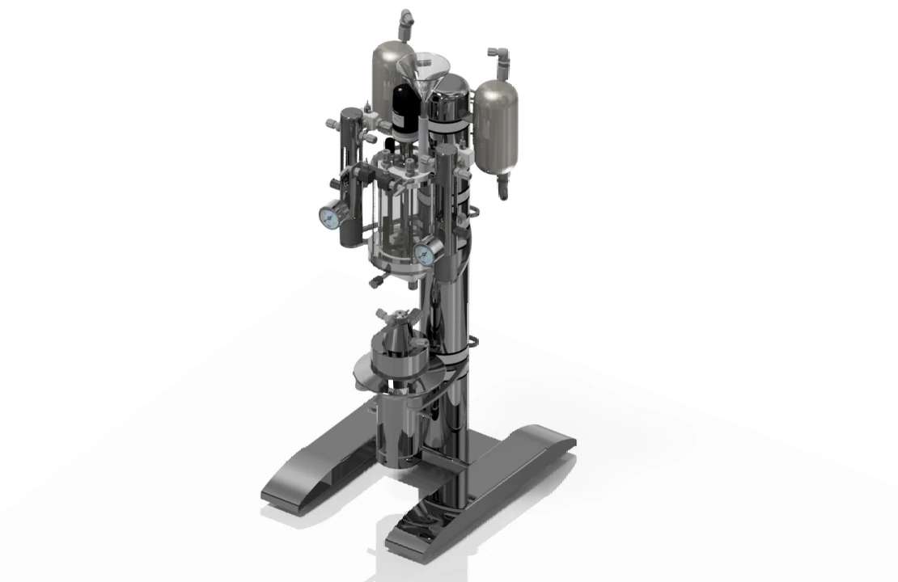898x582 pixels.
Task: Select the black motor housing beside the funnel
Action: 404,108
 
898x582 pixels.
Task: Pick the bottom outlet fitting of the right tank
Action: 503,188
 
